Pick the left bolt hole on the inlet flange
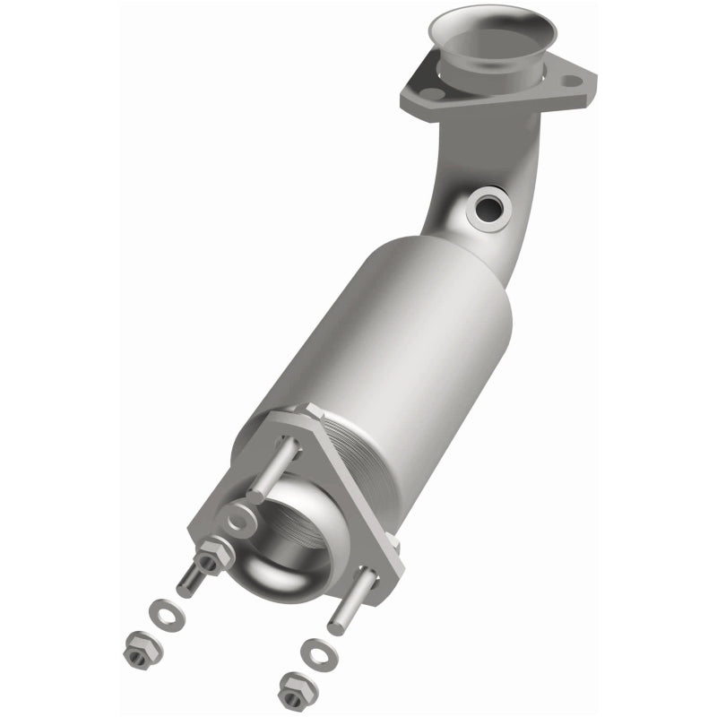(431, 93)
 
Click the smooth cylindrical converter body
(403, 332)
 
